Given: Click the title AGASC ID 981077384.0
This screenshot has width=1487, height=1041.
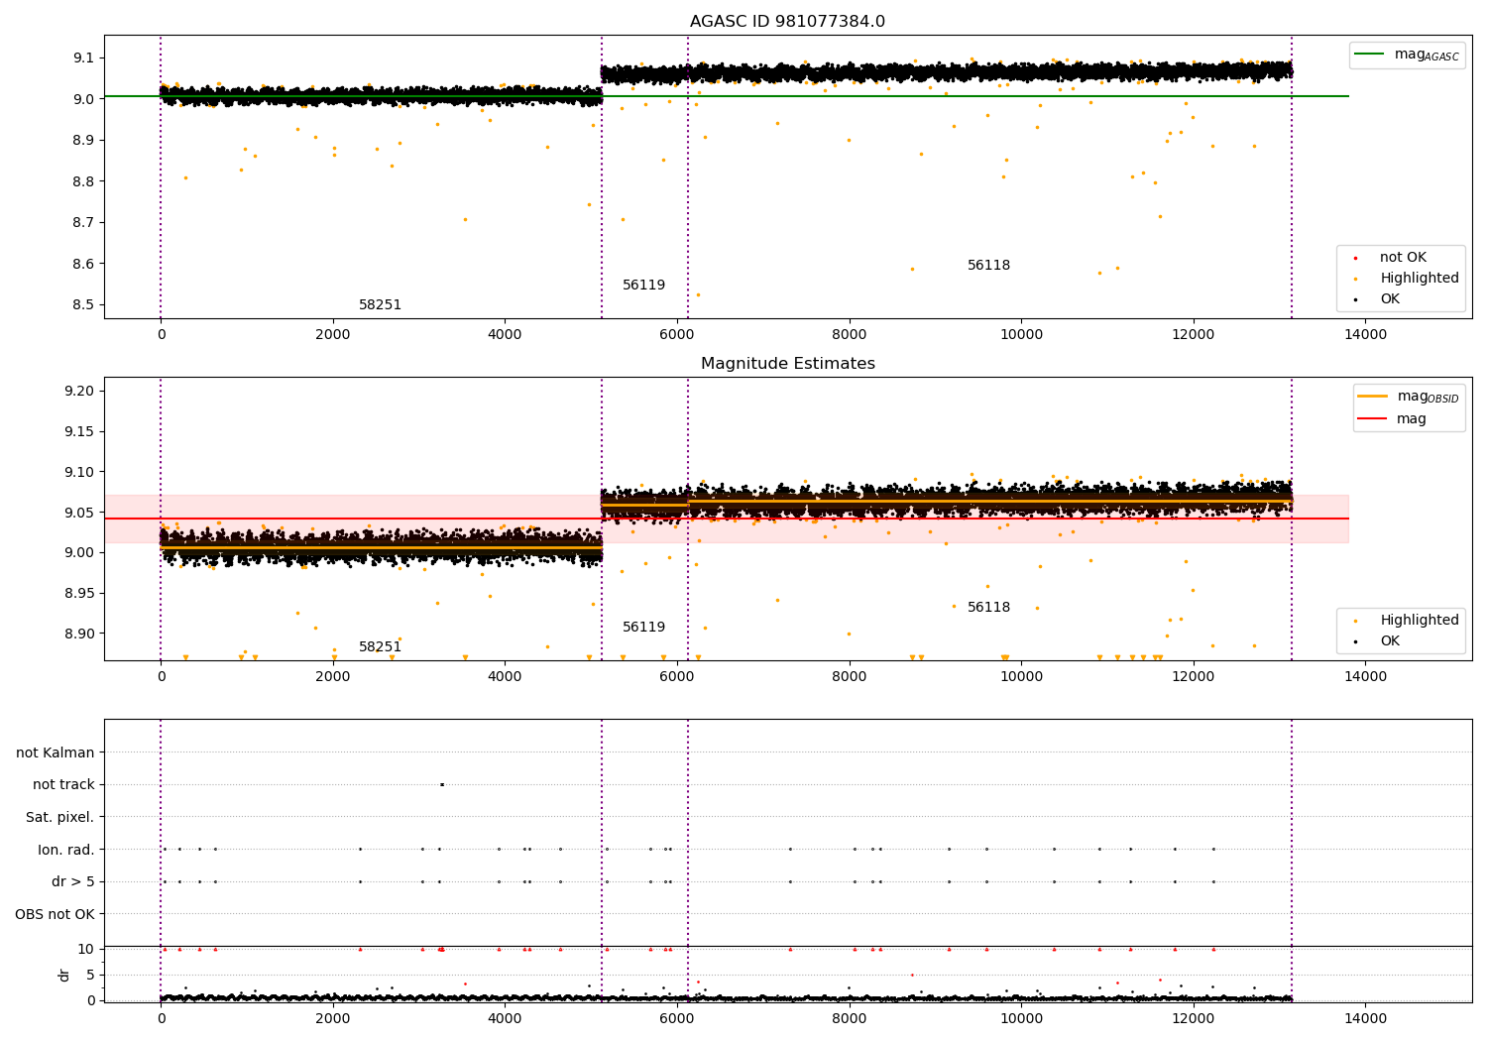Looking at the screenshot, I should tap(787, 22).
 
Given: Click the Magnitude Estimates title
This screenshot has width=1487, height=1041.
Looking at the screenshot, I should tap(787, 364).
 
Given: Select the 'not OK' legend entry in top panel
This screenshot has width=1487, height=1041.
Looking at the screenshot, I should tap(1403, 258).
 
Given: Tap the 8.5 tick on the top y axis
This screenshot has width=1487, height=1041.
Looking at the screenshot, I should tap(83, 305).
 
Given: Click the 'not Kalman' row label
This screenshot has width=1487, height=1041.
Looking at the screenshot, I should tap(56, 752).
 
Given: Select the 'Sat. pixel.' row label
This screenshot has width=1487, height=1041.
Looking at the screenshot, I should tap(59, 817).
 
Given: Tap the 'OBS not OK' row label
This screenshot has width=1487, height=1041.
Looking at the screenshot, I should tap(55, 914).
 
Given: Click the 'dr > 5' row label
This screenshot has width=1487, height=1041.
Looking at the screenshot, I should tap(72, 881).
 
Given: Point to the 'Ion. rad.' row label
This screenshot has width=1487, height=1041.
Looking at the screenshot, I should tap(65, 850).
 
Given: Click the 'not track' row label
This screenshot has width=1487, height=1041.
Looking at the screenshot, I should tap(63, 784).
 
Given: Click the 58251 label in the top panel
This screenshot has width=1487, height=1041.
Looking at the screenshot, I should tap(380, 305).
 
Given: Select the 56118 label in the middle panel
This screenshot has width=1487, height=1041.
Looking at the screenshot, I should tap(988, 608).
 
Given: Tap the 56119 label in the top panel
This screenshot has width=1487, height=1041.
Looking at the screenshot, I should tap(643, 286).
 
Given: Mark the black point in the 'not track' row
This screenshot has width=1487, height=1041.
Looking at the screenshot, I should tap(441, 784).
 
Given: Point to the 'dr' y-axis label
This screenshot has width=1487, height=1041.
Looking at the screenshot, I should tap(64, 975).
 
